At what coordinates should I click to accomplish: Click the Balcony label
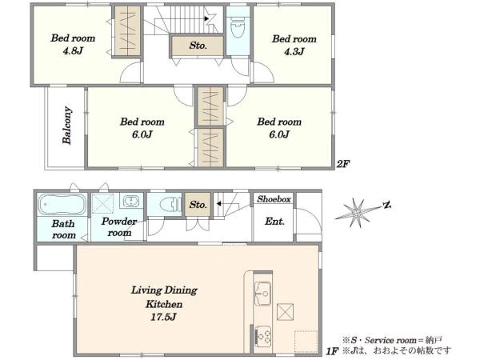point(67,126)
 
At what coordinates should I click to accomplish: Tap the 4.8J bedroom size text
point(73,51)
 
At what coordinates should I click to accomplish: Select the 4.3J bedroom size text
point(294,51)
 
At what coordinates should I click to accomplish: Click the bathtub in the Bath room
point(62,204)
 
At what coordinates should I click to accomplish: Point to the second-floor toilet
point(238,27)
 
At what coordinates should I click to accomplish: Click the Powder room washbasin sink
point(131,201)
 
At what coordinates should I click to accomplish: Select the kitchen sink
point(262,294)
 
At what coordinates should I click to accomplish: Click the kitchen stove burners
point(263,337)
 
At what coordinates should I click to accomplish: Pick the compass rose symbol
point(358,212)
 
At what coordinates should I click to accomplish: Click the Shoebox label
point(274,199)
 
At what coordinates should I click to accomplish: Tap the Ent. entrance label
point(274,222)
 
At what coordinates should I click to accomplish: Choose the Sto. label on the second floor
point(198,46)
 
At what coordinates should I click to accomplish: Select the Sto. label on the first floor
point(198,205)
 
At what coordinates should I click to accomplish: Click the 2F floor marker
point(343,164)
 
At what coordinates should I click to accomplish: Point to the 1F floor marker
point(332,351)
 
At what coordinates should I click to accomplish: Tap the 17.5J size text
point(163,317)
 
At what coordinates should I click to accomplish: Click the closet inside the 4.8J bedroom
point(127,31)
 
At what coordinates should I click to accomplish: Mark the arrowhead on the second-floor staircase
point(206,18)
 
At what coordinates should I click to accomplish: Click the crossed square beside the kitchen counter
point(285,312)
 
